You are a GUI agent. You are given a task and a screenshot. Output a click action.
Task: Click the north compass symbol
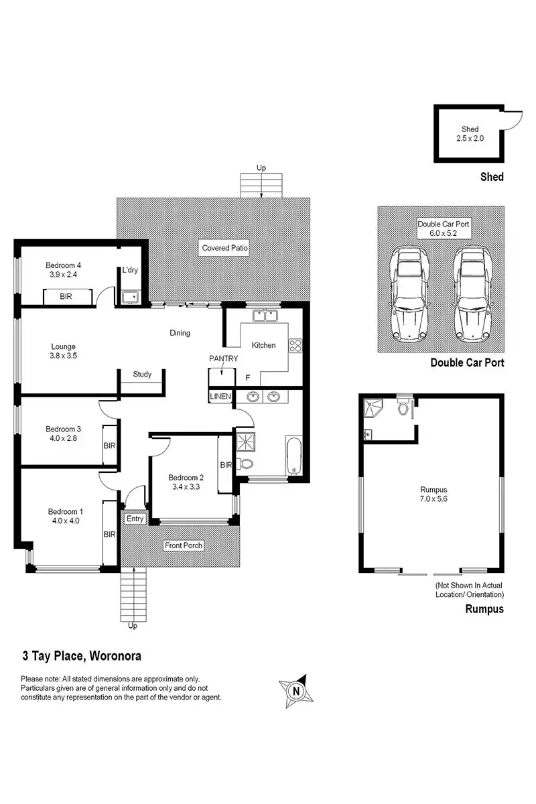coord(294,689)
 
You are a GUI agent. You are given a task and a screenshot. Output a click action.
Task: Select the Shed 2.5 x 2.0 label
coord(469,134)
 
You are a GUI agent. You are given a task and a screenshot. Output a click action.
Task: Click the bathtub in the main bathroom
coord(293,456)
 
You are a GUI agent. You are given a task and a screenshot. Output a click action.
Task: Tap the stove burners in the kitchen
coord(295,346)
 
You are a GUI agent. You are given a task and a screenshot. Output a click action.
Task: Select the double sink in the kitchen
coord(265,315)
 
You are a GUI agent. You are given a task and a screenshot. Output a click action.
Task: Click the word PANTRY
coord(223,358)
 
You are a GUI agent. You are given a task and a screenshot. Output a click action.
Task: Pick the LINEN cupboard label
coord(220,397)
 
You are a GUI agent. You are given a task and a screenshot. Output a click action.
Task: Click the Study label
coord(142,375)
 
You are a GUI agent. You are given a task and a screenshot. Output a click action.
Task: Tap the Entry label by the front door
coord(135,519)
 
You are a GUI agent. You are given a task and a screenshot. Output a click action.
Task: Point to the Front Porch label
coord(183,545)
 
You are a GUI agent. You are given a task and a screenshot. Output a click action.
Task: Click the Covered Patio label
coord(225,248)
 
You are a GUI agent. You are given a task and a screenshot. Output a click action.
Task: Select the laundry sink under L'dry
coord(130,295)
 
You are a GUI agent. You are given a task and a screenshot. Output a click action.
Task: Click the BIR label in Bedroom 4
coord(66,296)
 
